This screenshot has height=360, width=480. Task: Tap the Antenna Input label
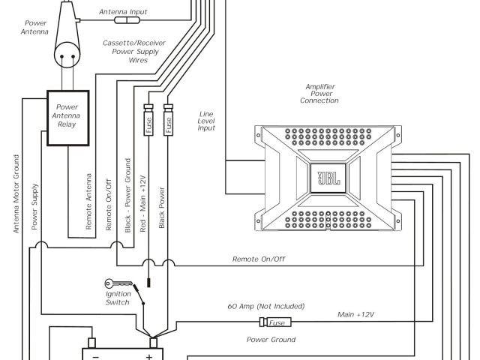(124, 12)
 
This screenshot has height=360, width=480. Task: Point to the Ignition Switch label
(118, 298)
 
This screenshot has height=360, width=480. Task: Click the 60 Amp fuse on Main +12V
(275, 322)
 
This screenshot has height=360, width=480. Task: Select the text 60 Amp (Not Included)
(266, 307)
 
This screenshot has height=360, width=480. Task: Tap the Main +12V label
(355, 315)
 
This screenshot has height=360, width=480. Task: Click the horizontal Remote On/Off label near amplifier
(259, 259)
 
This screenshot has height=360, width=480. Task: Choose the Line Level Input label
(206, 121)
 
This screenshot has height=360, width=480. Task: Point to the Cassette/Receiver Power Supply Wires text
(135, 52)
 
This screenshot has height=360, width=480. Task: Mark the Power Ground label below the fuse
(268, 340)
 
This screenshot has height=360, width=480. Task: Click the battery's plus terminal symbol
(149, 356)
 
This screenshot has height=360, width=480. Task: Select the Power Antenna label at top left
(34, 27)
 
